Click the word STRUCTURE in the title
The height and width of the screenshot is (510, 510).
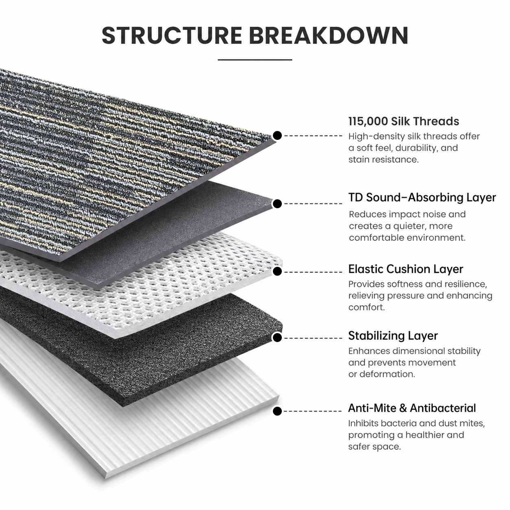[172, 35]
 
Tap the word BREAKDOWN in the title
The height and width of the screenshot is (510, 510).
[329, 35]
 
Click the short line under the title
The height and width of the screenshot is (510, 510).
[255, 60]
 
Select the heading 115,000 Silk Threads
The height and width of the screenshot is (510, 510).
[403, 121]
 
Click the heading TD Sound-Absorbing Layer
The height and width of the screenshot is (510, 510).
[422, 197]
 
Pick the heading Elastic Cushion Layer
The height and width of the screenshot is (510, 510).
[406, 269]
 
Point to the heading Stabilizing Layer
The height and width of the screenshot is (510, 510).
[393, 336]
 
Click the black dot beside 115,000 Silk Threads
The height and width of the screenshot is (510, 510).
[277, 136]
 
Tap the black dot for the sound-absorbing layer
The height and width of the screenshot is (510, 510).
[277, 204]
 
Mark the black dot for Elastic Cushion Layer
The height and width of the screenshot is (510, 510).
[277, 272]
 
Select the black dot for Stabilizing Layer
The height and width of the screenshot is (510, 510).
[277, 338]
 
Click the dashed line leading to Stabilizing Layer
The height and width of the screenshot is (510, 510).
[313, 338]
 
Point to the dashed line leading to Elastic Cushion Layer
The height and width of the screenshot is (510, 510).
[313, 272]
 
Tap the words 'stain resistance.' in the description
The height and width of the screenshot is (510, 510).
[384, 159]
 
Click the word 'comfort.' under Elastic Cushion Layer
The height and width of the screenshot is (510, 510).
[366, 307]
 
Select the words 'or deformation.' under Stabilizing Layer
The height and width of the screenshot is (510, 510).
[381, 374]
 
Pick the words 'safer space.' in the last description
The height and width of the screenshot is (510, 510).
[375, 447]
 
